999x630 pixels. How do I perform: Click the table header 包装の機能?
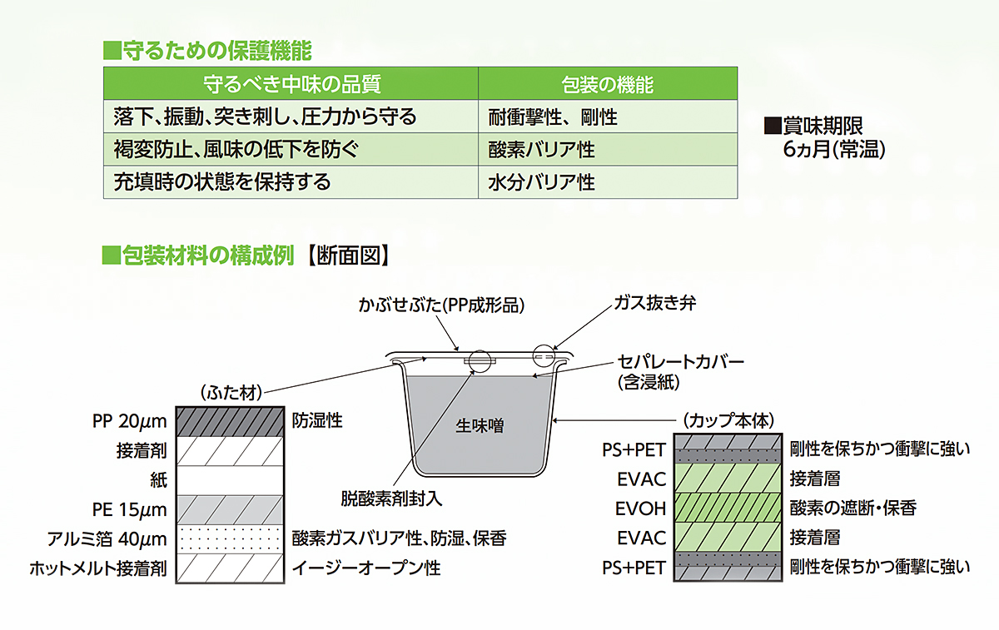[608, 84]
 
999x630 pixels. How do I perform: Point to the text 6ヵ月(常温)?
[834, 150]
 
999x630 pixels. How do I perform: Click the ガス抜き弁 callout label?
[654, 303]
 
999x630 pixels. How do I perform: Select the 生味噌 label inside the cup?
[480, 426]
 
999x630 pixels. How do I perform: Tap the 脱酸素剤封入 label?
[391, 499]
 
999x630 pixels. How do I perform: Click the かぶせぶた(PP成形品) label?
[441, 305]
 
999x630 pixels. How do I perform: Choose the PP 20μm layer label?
[129, 421]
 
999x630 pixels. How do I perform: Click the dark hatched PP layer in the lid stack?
[230, 421]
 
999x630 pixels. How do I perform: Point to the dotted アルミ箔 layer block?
[230, 538]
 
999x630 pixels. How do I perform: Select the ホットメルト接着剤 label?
[98, 568]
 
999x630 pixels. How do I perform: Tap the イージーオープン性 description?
[366, 568]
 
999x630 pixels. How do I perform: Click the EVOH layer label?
[640, 508]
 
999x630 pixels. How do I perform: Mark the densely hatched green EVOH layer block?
[728, 508]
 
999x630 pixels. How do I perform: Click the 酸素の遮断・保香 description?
[853, 508]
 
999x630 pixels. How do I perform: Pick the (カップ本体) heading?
[728, 421]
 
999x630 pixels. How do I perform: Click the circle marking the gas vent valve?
[544, 355]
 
